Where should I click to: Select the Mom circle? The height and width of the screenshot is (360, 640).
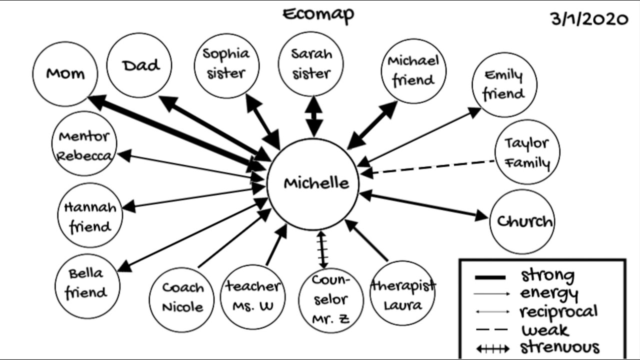(x=65, y=74)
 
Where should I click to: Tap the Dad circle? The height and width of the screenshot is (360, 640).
(x=140, y=65)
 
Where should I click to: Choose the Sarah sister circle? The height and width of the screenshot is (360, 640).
(x=311, y=64)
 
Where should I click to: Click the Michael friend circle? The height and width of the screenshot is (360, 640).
(x=413, y=70)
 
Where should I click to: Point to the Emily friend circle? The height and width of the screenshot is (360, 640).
(x=504, y=85)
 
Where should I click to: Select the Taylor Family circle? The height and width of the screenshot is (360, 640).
(x=527, y=153)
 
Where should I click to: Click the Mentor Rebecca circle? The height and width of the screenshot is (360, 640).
(x=84, y=144)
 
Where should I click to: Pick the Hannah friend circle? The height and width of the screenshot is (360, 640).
(x=90, y=216)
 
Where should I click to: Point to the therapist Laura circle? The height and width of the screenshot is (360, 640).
(x=402, y=294)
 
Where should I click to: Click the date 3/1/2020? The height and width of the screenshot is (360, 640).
(x=589, y=19)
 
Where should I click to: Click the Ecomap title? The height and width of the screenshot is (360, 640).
(x=318, y=14)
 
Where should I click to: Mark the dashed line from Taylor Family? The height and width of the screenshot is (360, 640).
(x=432, y=167)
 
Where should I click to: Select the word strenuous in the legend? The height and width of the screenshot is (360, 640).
(x=559, y=347)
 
